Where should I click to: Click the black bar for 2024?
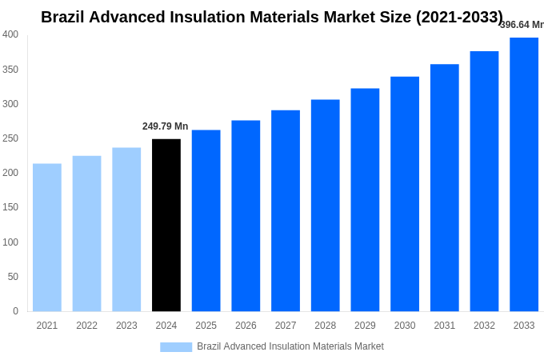point(166,225)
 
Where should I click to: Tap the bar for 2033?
point(524,174)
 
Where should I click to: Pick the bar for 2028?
point(325,206)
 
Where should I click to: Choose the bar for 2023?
point(126,230)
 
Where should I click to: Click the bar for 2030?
point(405,194)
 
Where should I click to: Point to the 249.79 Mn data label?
point(165,126)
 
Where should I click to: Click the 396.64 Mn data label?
point(522,25)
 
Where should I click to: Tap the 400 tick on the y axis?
point(10,34)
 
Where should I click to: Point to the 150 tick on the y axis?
point(10,207)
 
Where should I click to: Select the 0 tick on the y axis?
point(15,311)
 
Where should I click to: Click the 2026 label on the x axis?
point(246,326)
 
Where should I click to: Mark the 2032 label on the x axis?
point(484,326)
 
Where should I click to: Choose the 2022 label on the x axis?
point(86,326)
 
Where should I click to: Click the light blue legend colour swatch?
point(176,346)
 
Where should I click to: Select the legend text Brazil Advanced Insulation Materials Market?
point(290,346)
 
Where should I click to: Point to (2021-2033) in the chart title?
point(459,17)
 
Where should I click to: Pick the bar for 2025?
point(206,221)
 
